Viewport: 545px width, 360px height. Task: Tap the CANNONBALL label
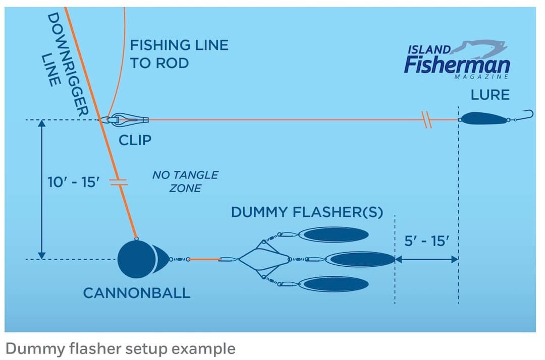pos(137,292)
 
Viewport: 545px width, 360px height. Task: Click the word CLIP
pos(135,140)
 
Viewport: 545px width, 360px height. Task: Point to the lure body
pos(484,119)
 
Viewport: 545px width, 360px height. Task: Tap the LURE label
pos(490,94)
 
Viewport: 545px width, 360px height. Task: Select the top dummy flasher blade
pos(336,234)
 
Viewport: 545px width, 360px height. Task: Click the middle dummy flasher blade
pos(361,260)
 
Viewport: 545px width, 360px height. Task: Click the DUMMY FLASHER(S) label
pos(307,212)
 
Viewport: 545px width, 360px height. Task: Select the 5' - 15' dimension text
pos(426,241)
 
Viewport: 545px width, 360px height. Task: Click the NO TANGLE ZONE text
pos(185,182)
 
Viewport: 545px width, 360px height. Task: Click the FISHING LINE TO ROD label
pos(179,54)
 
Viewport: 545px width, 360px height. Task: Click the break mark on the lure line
pos(427,120)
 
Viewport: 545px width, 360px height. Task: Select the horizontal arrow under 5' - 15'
pos(426,260)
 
